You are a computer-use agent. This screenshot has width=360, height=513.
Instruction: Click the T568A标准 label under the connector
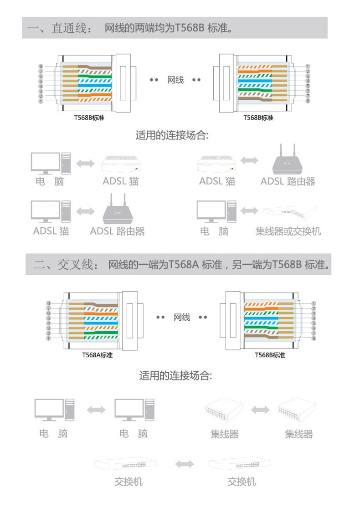point(97,355)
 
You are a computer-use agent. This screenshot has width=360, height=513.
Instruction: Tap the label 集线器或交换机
point(288,231)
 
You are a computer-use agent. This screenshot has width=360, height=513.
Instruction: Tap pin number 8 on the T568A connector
point(48,303)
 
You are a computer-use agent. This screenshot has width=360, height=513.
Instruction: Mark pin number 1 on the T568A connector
point(48,339)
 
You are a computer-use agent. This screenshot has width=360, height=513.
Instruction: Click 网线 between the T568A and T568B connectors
point(182,317)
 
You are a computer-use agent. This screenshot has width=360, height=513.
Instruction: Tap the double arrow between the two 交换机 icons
point(185,464)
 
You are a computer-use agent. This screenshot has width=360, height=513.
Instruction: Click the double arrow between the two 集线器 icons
point(260,409)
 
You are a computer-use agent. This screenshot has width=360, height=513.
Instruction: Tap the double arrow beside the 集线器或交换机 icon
point(249,211)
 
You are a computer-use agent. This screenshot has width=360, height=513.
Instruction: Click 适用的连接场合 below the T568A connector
point(175,376)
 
